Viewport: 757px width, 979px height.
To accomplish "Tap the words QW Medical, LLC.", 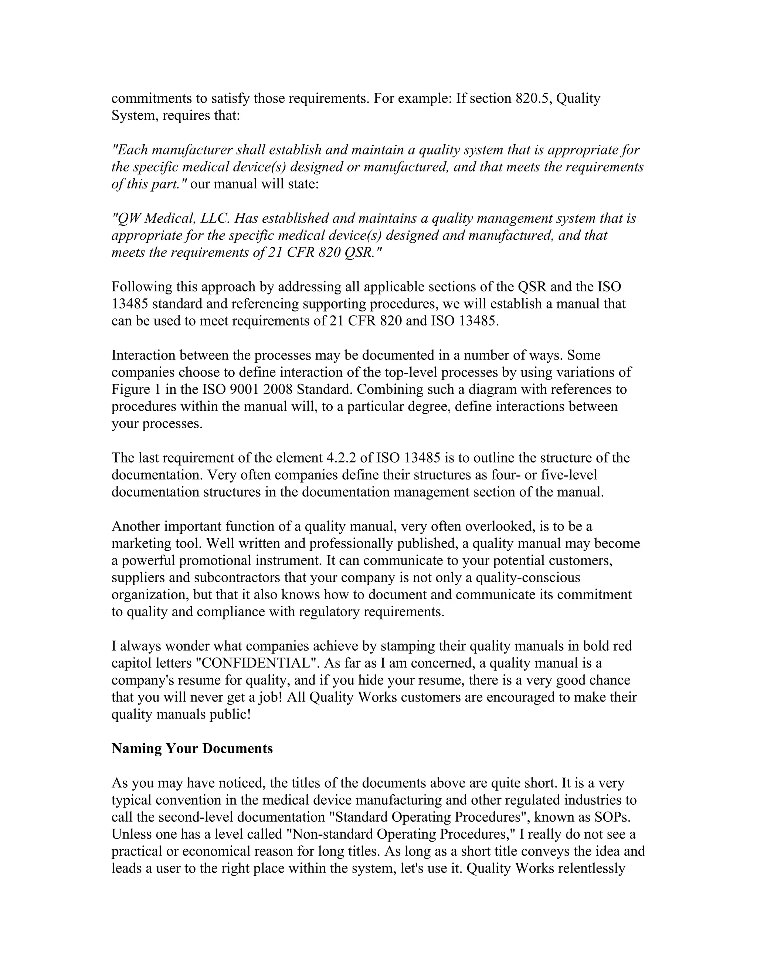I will (171, 219).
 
